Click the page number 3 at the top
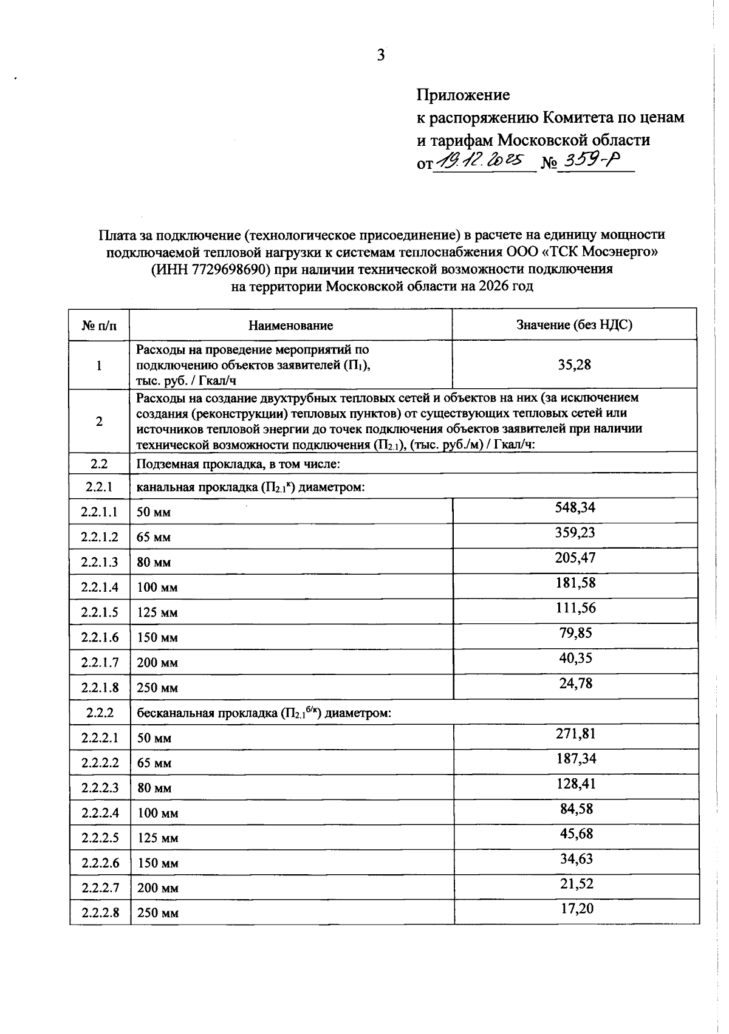point(381,55)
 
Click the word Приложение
point(463,95)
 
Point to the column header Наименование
point(291,325)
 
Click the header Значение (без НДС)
point(574,324)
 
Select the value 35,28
point(574,365)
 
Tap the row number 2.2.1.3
point(100,562)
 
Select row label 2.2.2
point(100,713)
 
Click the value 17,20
point(577,909)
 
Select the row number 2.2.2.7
point(100,888)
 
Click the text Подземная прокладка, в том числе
point(238,464)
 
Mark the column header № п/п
point(99,326)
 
